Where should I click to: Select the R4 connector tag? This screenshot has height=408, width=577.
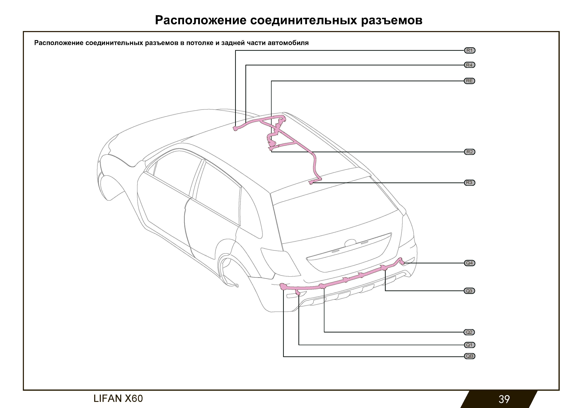[469, 65]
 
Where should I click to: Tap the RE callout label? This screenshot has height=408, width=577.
[469, 81]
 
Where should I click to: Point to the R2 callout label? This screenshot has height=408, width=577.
[469, 152]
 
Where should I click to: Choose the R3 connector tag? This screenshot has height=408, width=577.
[469, 183]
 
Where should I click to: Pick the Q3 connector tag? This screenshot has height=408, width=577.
[469, 291]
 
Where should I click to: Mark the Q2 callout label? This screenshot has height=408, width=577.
[469, 332]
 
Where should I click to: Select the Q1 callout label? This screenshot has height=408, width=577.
[469, 345]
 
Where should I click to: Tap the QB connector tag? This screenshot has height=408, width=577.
[469, 356]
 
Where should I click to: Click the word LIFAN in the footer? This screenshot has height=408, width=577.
[108, 399]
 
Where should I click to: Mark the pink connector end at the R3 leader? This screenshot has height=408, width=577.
[312, 182]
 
